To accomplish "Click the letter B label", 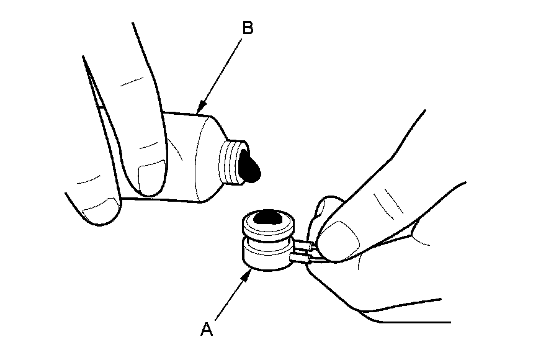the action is pyautogui.click(x=247, y=29).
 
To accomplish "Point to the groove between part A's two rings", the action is pyautogui.click(x=267, y=241).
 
